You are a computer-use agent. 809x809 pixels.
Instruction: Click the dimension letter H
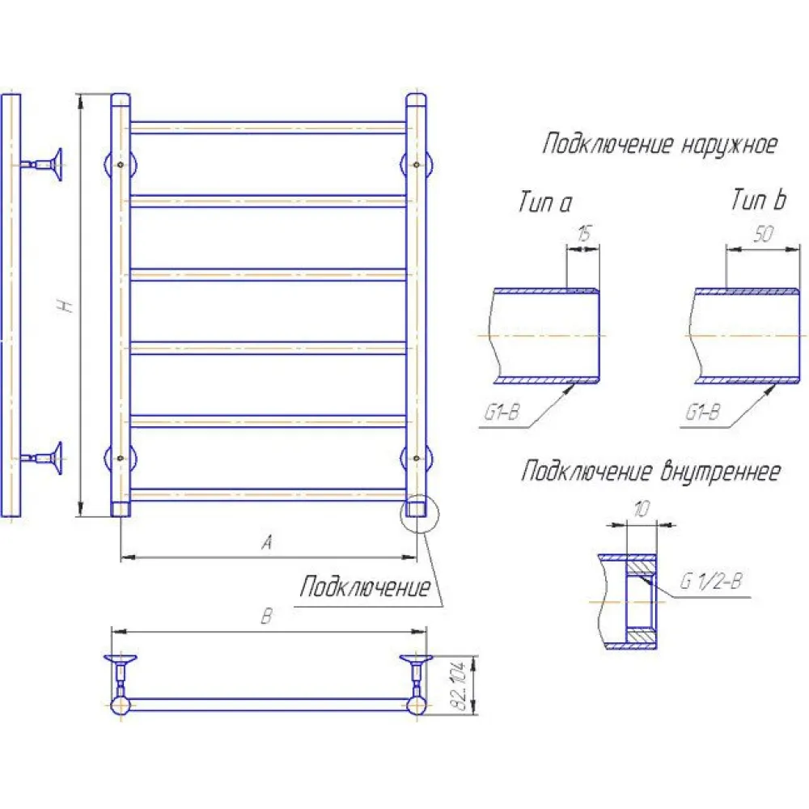point(67,306)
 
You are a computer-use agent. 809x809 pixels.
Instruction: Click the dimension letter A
point(267,542)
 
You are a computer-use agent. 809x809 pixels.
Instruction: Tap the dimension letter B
point(266,616)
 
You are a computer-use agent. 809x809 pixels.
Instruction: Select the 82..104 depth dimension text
point(459,685)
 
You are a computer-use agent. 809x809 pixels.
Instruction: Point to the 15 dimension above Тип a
point(583,234)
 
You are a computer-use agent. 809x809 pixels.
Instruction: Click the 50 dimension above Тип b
point(763,235)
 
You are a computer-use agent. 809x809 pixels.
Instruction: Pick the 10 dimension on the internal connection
point(642,509)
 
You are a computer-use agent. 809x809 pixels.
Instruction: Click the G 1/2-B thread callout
point(711,582)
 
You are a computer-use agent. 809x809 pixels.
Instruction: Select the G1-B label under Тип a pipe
point(502,413)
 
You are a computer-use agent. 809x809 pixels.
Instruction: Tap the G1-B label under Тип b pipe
point(702,413)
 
